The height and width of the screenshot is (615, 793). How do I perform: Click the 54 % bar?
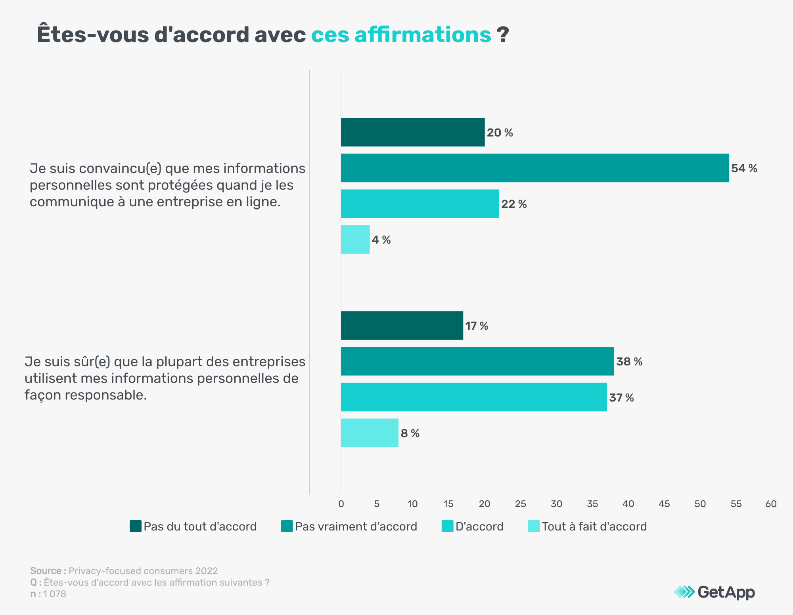pyautogui.click(x=535, y=168)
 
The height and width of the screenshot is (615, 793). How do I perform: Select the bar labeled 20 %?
pyautogui.click(x=413, y=132)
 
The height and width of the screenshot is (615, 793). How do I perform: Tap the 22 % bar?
pyautogui.click(x=420, y=204)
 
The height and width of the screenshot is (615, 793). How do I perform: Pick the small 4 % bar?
pyautogui.click(x=355, y=239)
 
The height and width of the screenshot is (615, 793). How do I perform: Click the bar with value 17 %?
pyautogui.click(x=402, y=325)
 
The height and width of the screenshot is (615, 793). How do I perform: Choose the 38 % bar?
pyautogui.click(x=477, y=361)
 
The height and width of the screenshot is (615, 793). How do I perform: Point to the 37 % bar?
pyautogui.click(x=474, y=397)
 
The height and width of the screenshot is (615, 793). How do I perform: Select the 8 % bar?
pyautogui.click(x=370, y=432)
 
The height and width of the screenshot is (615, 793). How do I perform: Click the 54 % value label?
pyautogui.click(x=744, y=168)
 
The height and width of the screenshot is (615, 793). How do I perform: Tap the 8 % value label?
pyautogui.click(x=410, y=433)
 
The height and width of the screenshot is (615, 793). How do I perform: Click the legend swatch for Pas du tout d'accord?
pyautogui.click(x=136, y=526)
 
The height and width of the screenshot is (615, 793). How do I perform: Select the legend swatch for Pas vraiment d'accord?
pyautogui.click(x=287, y=526)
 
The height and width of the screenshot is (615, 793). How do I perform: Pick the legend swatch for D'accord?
pyautogui.click(x=447, y=526)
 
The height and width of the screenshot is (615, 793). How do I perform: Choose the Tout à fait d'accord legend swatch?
pyautogui.click(x=534, y=526)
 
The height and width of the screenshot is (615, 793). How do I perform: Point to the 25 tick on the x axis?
pyautogui.click(x=520, y=504)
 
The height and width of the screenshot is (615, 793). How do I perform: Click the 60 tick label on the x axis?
pyautogui.click(x=771, y=504)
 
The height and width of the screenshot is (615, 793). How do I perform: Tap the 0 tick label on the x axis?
pyautogui.click(x=341, y=504)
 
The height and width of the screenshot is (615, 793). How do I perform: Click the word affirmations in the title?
pyautogui.click(x=423, y=35)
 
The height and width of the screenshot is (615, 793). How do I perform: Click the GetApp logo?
pyautogui.click(x=714, y=592)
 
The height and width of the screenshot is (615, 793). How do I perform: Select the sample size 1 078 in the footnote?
pyautogui.click(x=55, y=594)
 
